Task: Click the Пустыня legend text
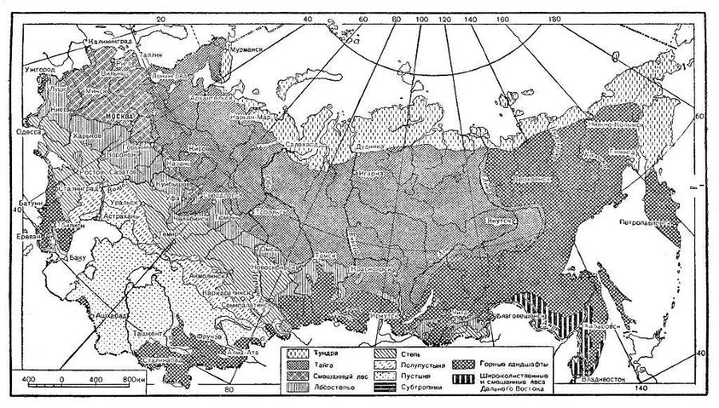point(406,374)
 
